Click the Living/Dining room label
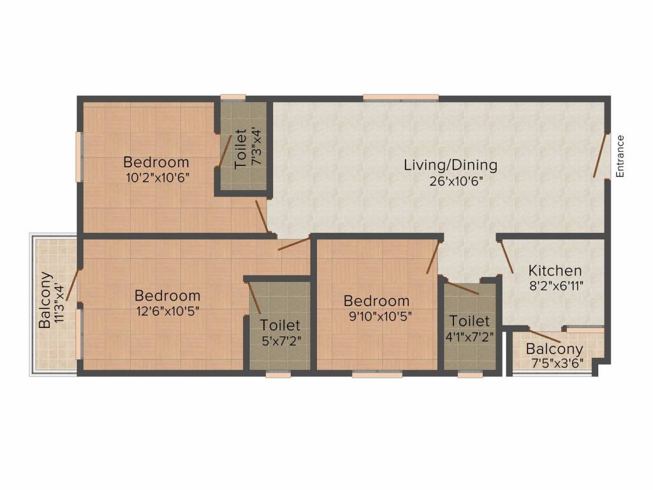[450, 165]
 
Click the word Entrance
[620, 156]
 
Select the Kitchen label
[554, 271]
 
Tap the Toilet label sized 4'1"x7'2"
[469, 321]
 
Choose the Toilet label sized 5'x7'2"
[280, 325]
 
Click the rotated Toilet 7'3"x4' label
[240, 149]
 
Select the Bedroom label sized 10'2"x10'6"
[156, 162]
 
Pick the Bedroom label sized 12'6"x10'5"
[167, 296]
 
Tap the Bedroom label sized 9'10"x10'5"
[376, 301]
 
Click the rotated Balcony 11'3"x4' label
[45, 300]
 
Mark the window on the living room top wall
[400, 98]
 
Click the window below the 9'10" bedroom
[377, 375]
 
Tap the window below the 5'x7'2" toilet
[278, 375]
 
